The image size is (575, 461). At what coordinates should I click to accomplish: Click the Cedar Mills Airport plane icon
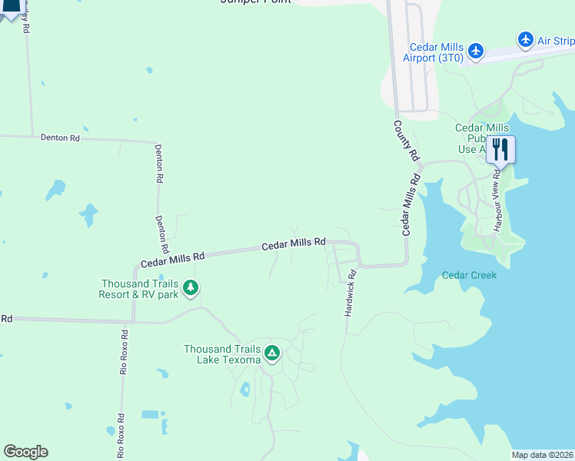tap(476, 51)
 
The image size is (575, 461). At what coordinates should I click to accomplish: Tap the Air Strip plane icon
tap(526, 39)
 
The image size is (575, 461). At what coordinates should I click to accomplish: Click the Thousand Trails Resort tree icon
tap(191, 289)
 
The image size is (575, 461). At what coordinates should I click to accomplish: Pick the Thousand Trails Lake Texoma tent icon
tap(271, 353)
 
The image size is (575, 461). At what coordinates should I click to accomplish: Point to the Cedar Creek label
tap(469, 275)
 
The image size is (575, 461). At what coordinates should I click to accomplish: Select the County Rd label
tap(407, 141)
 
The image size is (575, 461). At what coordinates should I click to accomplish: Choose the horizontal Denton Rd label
tap(60, 138)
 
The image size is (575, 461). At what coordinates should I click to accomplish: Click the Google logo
tap(25, 452)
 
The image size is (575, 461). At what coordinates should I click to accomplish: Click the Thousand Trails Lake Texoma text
tap(222, 353)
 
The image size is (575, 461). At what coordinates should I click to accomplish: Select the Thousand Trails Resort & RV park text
tap(138, 289)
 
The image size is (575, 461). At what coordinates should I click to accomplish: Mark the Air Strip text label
tap(555, 41)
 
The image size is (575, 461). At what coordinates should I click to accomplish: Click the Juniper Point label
tap(255, 2)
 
